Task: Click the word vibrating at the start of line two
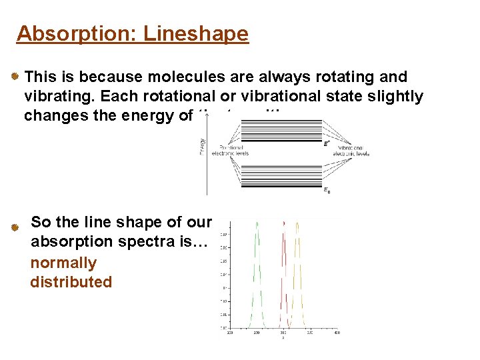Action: (56, 97)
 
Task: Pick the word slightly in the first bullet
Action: (396, 97)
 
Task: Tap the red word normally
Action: (63, 263)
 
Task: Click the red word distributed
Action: (71, 281)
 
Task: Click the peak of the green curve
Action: (256, 224)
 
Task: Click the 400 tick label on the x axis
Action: (337, 333)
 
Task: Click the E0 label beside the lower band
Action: (326, 191)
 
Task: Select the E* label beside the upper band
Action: (326, 143)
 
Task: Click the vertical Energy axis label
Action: (203, 145)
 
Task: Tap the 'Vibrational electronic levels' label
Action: (353, 151)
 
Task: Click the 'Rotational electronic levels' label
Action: (229, 151)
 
